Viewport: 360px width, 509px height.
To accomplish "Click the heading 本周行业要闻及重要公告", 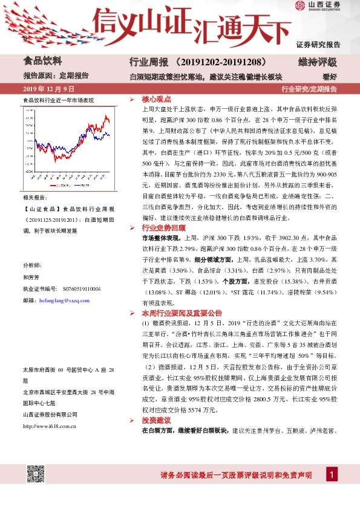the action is (x=182, y=314).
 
